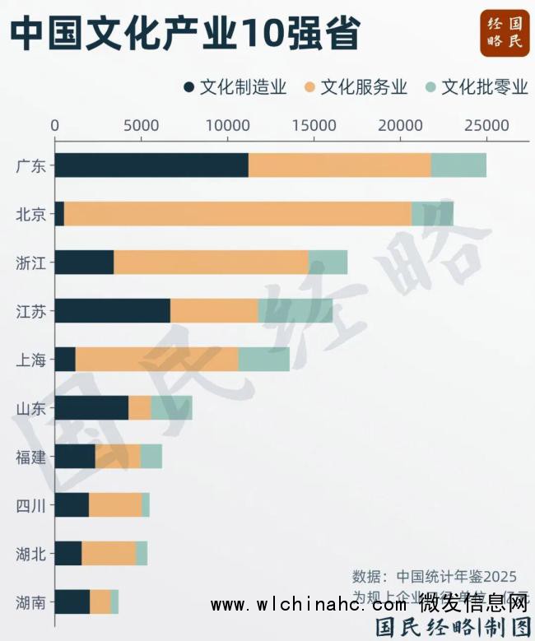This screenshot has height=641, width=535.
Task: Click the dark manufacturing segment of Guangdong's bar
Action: coord(151,165)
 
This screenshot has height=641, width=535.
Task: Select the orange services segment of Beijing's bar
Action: coord(238,214)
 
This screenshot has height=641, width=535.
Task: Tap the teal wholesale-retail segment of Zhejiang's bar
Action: coord(328,262)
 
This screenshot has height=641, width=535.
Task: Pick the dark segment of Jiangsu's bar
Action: coord(113,311)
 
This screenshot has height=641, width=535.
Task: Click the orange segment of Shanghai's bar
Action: coord(157,360)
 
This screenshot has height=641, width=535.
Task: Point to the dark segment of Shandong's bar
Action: coord(91,408)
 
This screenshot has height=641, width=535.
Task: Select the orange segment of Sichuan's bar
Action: coord(115,505)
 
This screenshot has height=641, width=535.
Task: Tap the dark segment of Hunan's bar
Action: coord(72,602)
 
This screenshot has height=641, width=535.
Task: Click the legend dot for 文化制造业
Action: coord(189,87)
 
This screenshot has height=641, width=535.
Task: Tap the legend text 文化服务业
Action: coord(364,87)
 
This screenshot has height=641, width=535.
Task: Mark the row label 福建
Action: coord(30,457)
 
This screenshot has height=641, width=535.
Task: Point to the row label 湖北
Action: coord(30,554)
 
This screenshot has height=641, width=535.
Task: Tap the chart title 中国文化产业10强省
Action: coord(185,34)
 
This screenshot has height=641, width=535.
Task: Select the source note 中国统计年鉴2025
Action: coord(457,576)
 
